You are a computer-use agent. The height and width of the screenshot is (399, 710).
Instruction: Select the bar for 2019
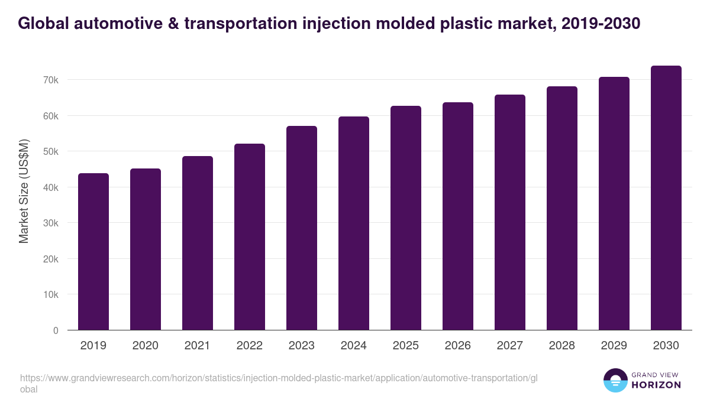pyautogui.click(x=93, y=251)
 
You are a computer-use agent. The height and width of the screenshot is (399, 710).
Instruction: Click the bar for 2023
pyautogui.click(x=302, y=228)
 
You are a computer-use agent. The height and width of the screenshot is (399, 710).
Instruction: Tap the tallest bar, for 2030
pyautogui.click(x=666, y=198)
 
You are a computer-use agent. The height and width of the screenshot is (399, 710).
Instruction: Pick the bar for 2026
pyautogui.click(x=458, y=216)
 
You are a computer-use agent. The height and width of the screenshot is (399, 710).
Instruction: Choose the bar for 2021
pyautogui.click(x=198, y=243)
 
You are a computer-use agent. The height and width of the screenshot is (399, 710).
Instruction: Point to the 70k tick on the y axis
pyautogui.click(x=50, y=80)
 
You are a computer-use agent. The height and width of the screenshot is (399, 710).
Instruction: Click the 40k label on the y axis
pyautogui.click(x=50, y=187)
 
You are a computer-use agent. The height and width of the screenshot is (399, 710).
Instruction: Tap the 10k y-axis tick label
pyautogui.click(x=50, y=294)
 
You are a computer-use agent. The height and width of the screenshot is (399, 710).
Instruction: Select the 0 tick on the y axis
pyautogui.click(x=56, y=330)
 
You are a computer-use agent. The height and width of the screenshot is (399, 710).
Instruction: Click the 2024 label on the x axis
pyautogui.click(x=354, y=346)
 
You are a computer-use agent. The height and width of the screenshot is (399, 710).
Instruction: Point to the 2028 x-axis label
pyautogui.click(x=562, y=346)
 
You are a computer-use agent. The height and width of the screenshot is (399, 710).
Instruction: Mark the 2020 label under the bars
pyautogui.click(x=146, y=346)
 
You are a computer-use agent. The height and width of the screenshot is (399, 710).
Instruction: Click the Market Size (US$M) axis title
pyautogui.click(x=24, y=191)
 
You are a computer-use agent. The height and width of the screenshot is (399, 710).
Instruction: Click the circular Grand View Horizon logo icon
pyautogui.click(x=615, y=381)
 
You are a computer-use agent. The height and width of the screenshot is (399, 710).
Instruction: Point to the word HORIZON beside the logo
pyautogui.click(x=656, y=385)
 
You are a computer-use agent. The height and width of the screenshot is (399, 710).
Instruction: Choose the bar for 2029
pyautogui.click(x=614, y=203)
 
